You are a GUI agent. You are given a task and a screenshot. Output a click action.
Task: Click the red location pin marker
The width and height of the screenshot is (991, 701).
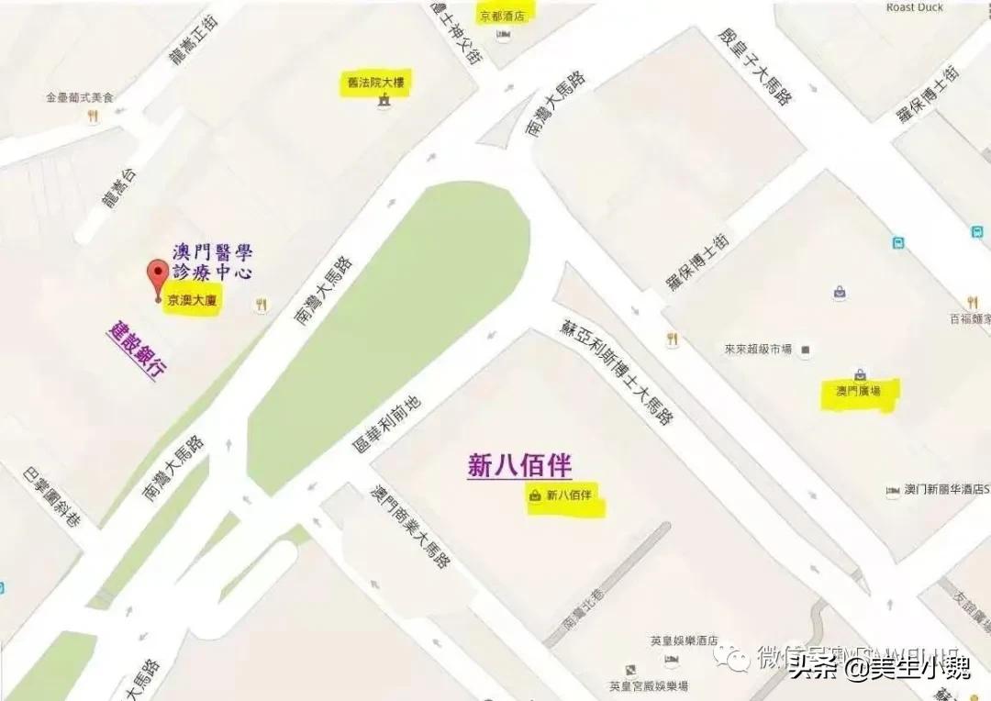[x=158, y=278]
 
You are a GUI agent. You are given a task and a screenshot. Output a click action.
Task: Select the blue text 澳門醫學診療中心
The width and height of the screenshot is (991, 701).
[x=212, y=261]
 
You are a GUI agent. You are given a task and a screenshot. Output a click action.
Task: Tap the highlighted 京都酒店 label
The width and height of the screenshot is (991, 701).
[x=502, y=16]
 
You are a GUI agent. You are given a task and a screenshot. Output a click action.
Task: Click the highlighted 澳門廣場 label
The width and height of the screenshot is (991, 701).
[x=858, y=392]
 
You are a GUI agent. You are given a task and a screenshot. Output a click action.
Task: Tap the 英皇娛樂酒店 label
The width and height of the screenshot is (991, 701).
[x=684, y=641]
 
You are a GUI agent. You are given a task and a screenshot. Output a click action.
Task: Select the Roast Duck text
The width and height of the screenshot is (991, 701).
[x=914, y=8]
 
